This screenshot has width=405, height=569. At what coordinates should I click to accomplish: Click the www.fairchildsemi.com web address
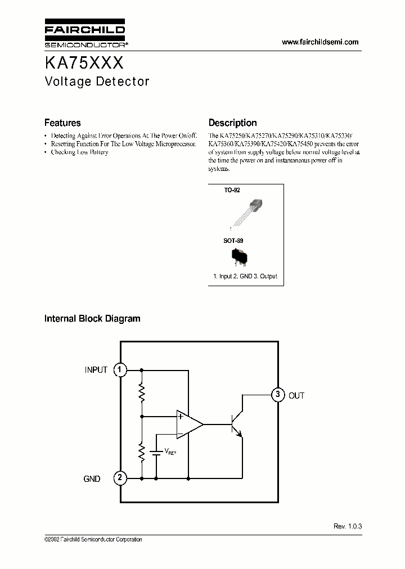pos(319,42)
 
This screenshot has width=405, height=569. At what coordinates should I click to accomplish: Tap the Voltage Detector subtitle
pos(97,82)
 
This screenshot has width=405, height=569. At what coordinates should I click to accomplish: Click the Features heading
pos(62,123)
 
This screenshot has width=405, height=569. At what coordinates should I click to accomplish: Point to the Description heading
pos(232,123)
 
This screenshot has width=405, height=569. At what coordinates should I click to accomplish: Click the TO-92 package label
pos(232,191)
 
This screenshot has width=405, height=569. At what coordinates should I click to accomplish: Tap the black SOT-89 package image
pos(240,256)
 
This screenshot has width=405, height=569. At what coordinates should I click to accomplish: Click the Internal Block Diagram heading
pos(92,319)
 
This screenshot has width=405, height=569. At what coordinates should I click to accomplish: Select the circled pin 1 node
pos(120,370)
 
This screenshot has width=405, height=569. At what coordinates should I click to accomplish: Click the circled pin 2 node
pos(120,478)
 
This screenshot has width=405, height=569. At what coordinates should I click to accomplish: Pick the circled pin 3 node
pos(277,395)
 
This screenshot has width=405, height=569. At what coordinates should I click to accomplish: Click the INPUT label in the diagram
pos(96,370)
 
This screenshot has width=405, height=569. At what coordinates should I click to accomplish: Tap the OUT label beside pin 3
pos(296,396)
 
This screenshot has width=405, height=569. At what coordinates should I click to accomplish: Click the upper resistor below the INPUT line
pos(142,392)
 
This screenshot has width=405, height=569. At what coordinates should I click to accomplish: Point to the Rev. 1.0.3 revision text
pos(348,526)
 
